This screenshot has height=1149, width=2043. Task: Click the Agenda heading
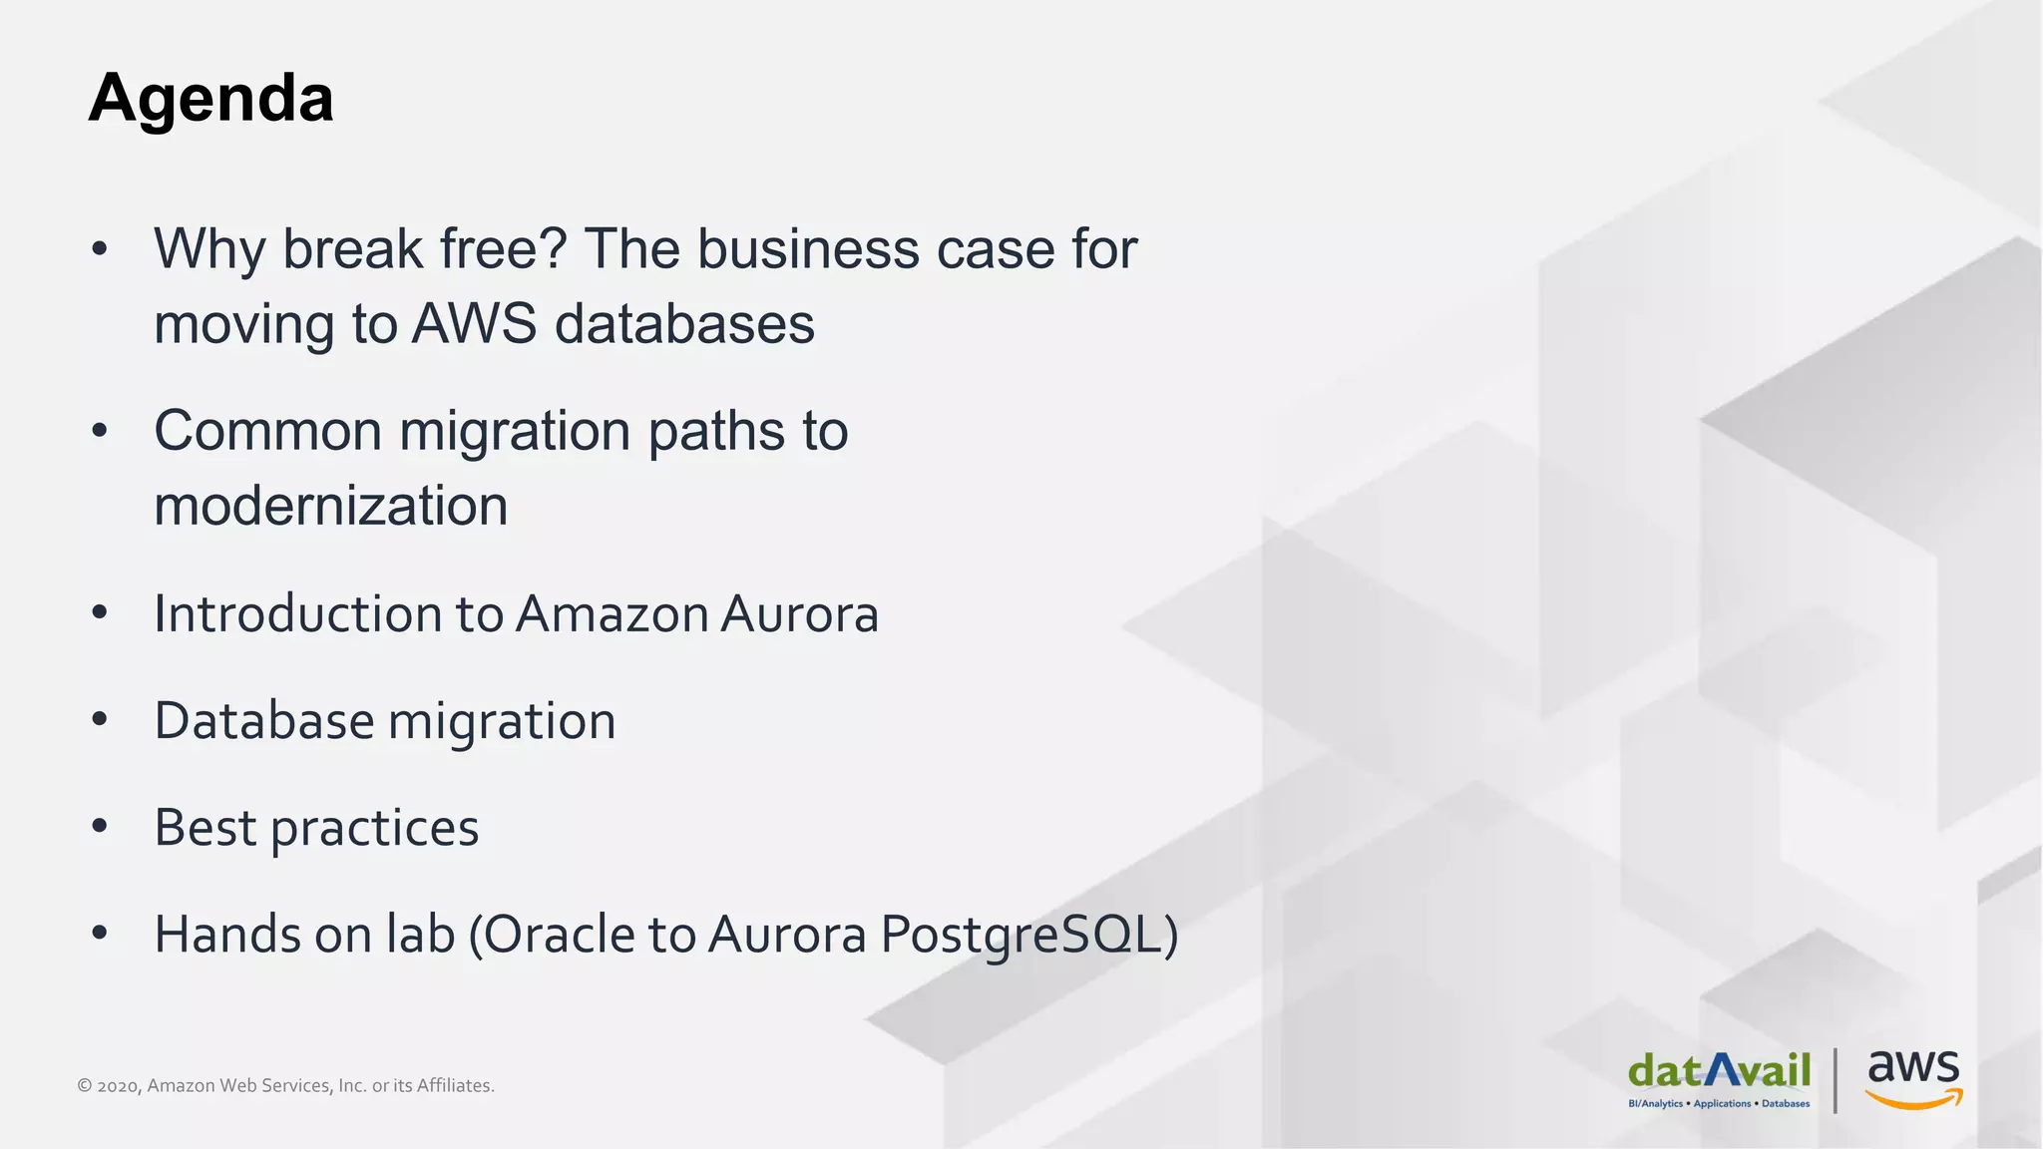coord(210,99)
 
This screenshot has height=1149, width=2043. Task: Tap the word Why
coord(208,249)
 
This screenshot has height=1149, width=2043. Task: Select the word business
coord(807,249)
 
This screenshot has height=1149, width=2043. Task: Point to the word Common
coord(267,431)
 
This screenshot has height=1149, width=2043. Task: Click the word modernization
coord(330,506)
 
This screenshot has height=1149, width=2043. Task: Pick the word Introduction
coord(296,613)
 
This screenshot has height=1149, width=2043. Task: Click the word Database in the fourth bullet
coord(263,721)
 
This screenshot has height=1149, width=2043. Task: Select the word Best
coord(204,828)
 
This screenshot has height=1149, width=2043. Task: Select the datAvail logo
coord(1719,1078)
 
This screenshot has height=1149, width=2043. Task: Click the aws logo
coord(1913,1078)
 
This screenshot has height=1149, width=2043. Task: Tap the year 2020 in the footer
coord(118,1086)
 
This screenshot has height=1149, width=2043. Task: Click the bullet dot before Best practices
coord(99,827)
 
